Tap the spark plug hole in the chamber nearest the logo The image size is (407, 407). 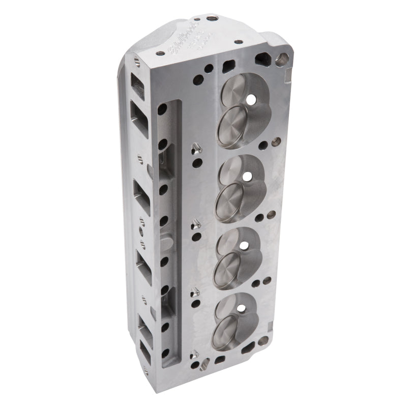(251, 98)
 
